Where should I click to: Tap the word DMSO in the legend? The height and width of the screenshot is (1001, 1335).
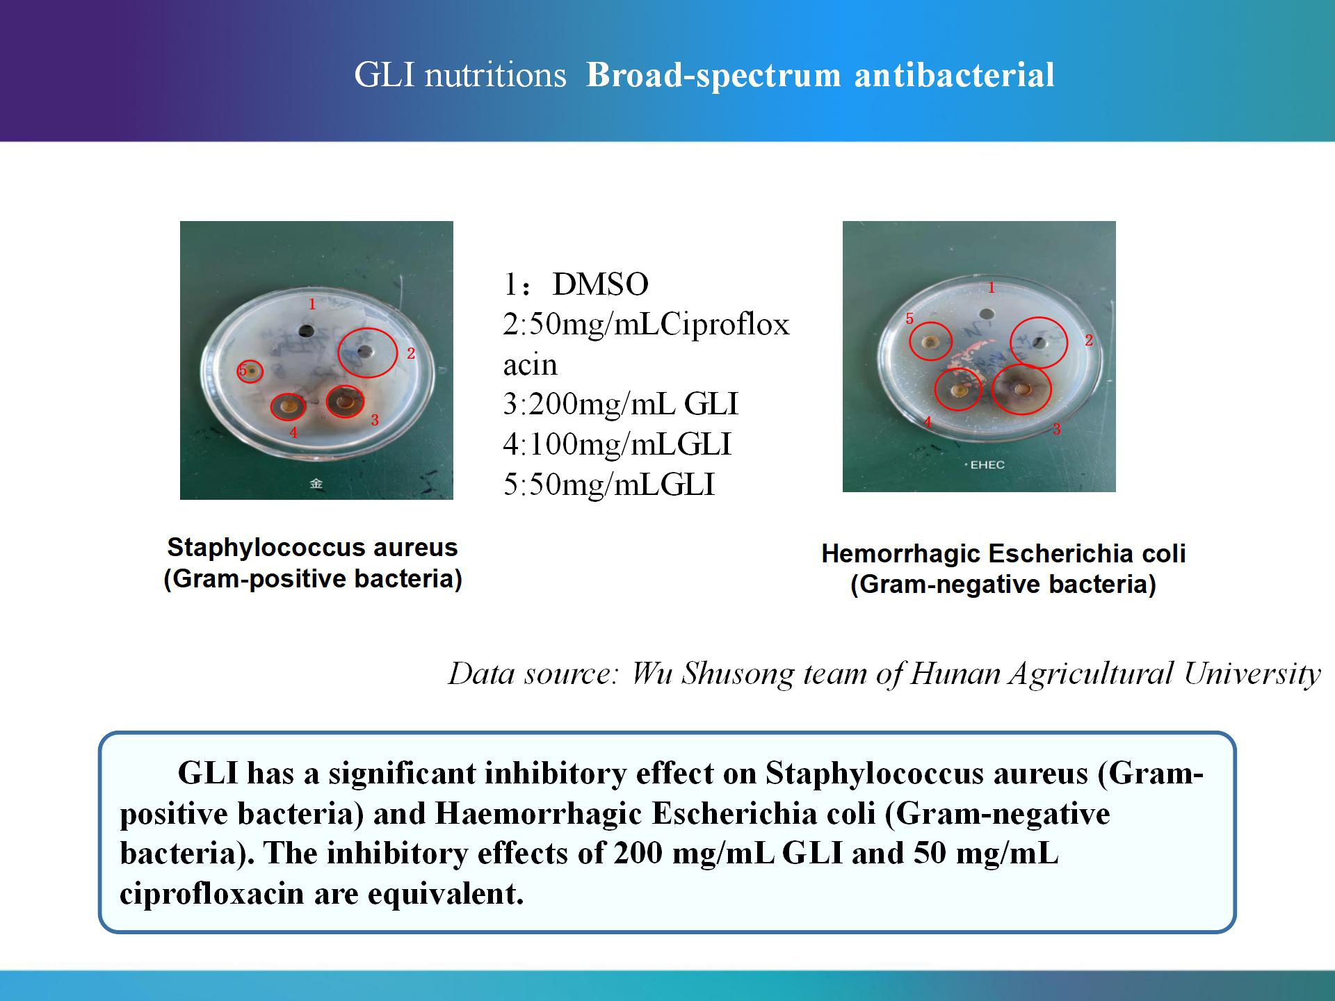click(x=600, y=284)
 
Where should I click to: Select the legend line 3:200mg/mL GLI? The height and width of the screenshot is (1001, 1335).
click(x=620, y=404)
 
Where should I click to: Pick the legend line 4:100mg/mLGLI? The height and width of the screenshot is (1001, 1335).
click(x=617, y=444)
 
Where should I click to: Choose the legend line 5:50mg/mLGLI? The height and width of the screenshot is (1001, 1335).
click(x=608, y=485)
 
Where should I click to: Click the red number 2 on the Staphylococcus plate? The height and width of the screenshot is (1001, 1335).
click(x=411, y=354)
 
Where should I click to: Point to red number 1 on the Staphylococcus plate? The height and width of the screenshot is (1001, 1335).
click(x=312, y=304)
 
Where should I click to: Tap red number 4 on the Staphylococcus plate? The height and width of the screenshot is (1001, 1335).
click(x=293, y=433)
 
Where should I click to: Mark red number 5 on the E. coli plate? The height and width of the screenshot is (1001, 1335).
click(x=909, y=319)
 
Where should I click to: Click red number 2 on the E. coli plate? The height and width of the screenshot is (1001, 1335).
click(x=1089, y=340)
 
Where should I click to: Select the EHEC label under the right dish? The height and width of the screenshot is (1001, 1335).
click(x=987, y=464)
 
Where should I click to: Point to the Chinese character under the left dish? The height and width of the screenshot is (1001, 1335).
click(x=316, y=483)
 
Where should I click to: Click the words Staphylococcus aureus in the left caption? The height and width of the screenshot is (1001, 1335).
click(x=312, y=547)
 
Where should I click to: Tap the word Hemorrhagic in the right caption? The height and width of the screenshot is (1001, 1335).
click(x=902, y=553)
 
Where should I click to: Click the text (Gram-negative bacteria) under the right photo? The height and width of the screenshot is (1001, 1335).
click(x=1003, y=584)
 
